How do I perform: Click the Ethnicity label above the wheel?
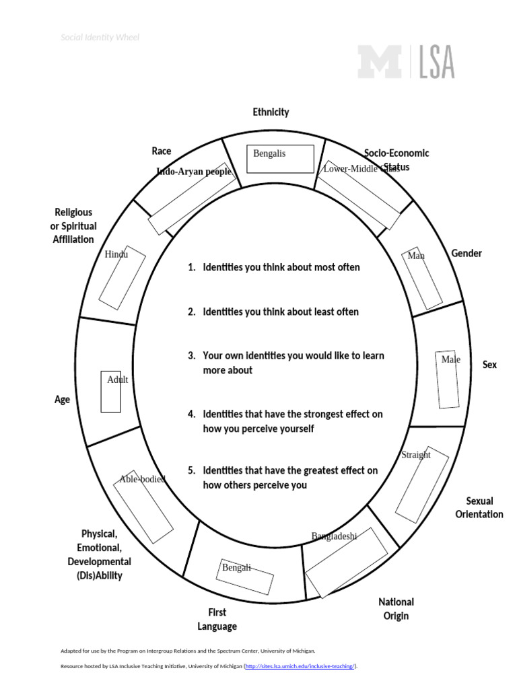(271, 112)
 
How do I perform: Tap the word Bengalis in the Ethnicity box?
(269, 153)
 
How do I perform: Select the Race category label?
(162, 151)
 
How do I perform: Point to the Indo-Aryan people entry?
(194, 172)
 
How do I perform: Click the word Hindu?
(116, 254)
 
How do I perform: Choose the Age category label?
(63, 399)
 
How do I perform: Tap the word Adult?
(117, 379)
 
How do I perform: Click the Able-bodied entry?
(142, 479)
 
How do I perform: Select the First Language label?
(217, 619)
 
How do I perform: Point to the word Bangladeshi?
(334, 536)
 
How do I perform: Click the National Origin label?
(396, 608)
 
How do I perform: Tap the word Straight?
(415, 455)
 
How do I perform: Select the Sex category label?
(489, 364)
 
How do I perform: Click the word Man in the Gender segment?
(416, 256)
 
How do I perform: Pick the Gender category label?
(467, 253)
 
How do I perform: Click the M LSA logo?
(405, 62)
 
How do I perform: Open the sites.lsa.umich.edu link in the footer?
(300, 666)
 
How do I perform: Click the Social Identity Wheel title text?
(100, 38)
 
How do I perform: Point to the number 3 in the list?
(192, 355)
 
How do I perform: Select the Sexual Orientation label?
(479, 507)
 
